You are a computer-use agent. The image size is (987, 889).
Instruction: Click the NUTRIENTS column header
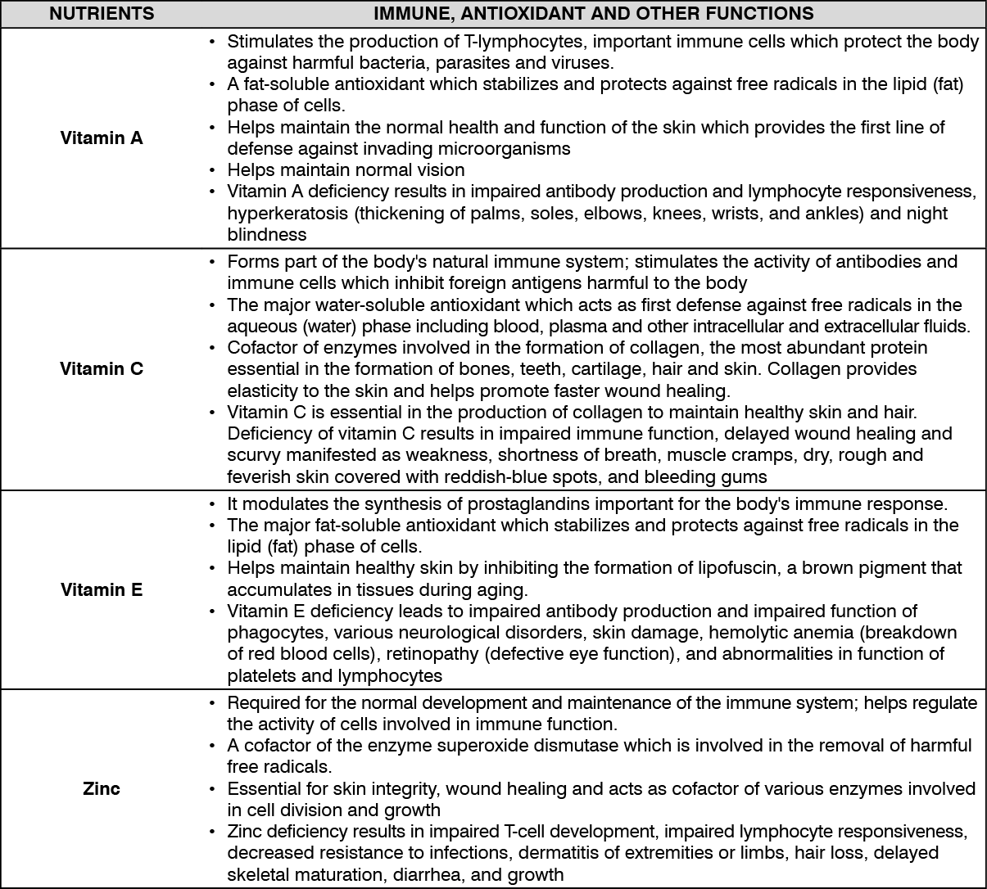pyautogui.click(x=102, y=13)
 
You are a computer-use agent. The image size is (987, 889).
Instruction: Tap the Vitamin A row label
pyautogui.click(x=102, y=138)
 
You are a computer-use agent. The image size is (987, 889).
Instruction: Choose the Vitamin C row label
pyautogui.click(x=102, y=368)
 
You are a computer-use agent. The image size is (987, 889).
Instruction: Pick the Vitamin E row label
pyautogui.click(x=102, y=589)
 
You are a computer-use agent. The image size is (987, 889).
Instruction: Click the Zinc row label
pyautogui.click(x=102, y=788)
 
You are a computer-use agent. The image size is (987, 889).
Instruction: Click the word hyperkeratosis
pyautogui.click(x=283, y=213)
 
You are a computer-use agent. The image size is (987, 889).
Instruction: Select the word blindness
pyautogui.click(x=267, y=234)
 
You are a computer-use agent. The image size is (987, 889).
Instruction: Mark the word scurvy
pyautogui.click(x=253, y=454)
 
